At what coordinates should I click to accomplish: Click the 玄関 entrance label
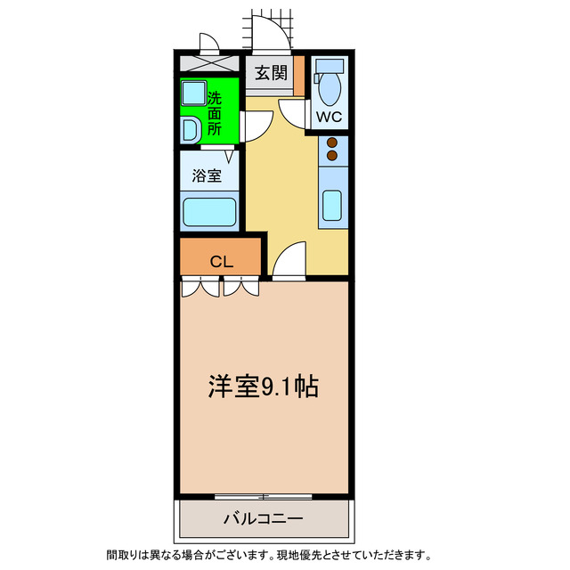coord(271,74)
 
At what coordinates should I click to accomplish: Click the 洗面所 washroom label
coord(215,113)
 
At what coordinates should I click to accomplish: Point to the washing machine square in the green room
coord(193,94)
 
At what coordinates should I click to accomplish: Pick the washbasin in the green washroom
coord(191,131)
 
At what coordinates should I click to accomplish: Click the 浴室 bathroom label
coord(208,176)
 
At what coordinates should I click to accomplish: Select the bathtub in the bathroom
coord(209,213)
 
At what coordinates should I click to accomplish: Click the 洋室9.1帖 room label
coord(264,386)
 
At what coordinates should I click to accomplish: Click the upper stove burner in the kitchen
coord(332,142)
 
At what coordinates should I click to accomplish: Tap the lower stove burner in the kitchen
coord(332,156)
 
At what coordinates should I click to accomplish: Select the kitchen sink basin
coord(333,205)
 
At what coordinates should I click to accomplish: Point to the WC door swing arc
coord(293,113)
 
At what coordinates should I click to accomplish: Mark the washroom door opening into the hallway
coord(253,125)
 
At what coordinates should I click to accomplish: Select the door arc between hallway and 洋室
coord(287,262)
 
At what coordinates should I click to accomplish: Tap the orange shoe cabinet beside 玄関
coord(300,75)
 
